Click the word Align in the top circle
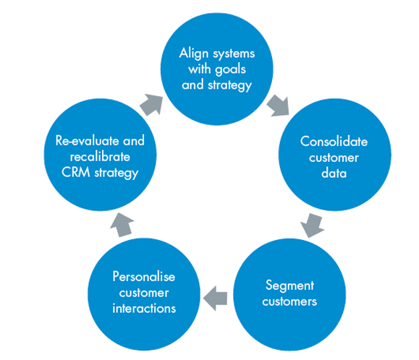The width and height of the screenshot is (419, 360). coord(194,53)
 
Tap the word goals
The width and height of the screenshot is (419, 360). coord(230,70)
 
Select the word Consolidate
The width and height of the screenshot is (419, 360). coord(334,142)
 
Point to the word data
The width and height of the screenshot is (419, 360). coord(334,173)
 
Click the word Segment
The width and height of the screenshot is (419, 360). coord(289,286)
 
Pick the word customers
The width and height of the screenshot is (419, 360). coord(289,301)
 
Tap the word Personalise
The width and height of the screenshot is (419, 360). coord(144,276)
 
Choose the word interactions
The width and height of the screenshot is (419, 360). coord(144,309)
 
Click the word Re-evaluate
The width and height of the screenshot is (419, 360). coord(88,141)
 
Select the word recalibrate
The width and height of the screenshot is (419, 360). coord(100,157)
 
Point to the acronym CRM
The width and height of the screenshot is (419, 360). coord(76,172)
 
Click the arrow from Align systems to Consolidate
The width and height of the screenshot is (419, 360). coord(278,106)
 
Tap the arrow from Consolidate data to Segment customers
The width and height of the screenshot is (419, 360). coord(312,225)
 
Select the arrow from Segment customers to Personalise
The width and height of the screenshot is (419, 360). coord(215,298)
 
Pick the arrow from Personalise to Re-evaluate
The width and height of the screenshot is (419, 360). coord(122,225)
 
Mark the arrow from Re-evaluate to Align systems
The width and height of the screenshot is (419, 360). coord(151,105)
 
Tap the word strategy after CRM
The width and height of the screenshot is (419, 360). coord(117,173)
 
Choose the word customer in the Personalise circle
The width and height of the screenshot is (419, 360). coord(144,293)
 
